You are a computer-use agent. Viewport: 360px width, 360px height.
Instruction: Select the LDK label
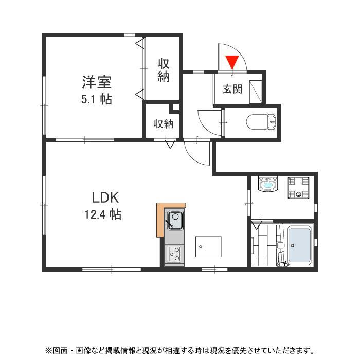point(105,197)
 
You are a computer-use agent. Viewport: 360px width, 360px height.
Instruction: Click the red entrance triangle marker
point(232,62)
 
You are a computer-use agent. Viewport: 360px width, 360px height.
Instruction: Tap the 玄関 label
point(232,89)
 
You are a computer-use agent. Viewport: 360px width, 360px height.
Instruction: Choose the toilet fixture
point(261,122)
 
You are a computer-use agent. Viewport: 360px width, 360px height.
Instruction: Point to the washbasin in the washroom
point(268,184)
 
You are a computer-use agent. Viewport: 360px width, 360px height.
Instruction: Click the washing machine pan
point(298,187)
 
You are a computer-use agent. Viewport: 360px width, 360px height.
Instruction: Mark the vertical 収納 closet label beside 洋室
point(164,70)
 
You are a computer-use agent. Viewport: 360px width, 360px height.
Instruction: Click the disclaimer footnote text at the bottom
point(179,350)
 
